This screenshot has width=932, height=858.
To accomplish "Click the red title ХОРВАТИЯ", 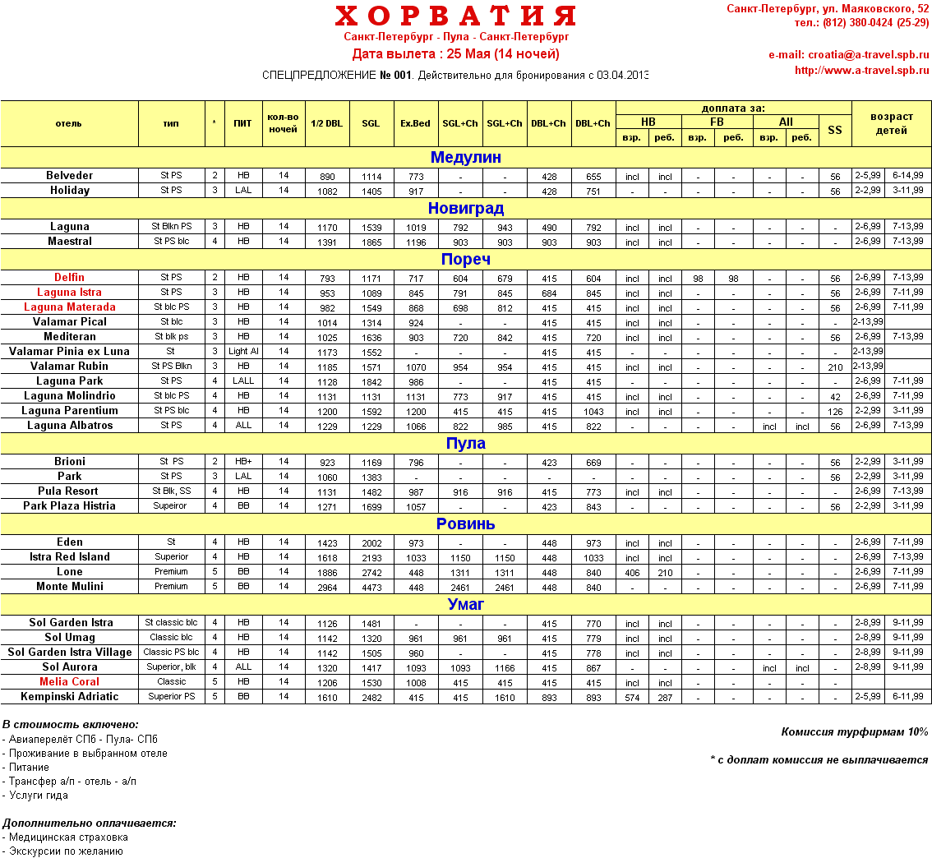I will [x=455, y=16].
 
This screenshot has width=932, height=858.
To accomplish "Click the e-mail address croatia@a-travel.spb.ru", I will [x=848, y=55].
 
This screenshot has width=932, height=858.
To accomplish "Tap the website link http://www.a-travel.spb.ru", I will [x=861, y=71].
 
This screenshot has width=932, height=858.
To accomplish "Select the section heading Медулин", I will [x=465, y=158].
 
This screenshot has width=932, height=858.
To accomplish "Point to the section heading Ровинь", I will [x=465, y=524].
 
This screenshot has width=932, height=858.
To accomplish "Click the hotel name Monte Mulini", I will [x=70, y=587].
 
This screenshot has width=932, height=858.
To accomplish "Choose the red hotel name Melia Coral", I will [x=70, y=682].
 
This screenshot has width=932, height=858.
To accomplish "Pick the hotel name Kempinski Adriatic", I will [x=70, y=697].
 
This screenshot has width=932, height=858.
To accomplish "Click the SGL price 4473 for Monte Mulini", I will [x=371, y=588].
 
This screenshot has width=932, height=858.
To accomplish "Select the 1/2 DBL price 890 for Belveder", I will [x=327, y=177].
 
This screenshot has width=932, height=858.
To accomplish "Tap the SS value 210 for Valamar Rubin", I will [x=835, y=367].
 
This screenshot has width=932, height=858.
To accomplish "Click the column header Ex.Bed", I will [x=415, y=124].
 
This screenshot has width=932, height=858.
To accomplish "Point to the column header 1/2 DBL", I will [x=327, y=124].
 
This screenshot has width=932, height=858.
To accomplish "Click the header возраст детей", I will [x=892, y=123].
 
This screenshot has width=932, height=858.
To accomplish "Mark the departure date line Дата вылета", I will [x=455, y=54].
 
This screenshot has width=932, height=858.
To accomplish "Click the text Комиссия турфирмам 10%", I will [x=855, y=732].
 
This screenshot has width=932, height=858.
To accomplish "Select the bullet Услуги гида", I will [x=39, y=796].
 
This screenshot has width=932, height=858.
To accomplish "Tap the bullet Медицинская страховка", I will [x=68, y=837].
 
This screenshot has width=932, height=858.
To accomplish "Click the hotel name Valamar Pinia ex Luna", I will [x=70, y=352].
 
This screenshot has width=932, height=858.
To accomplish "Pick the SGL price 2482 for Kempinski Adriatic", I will [x=371, y=698].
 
